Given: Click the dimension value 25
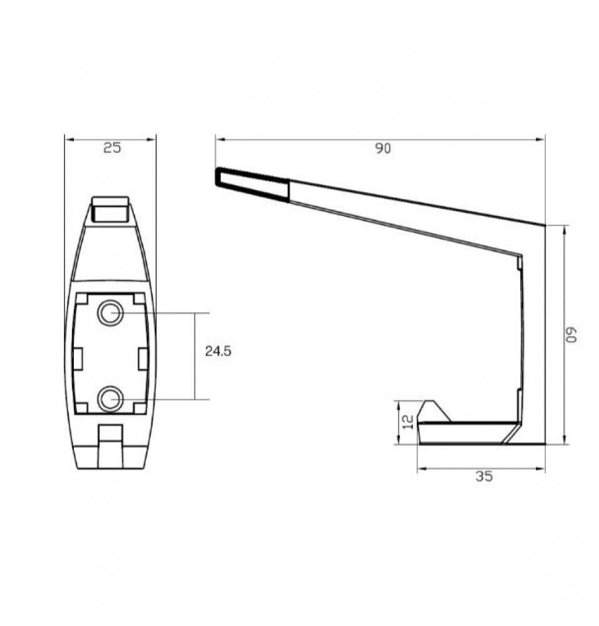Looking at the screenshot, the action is [x=112, y=148].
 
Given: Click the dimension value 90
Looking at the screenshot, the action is [x=382, y=148].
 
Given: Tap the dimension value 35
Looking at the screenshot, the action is [x=484, y=476].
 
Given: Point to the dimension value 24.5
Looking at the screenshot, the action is [x=218, y=351].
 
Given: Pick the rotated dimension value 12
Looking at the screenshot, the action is [x=408, y=422].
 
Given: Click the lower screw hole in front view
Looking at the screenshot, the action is [x=111, y=399].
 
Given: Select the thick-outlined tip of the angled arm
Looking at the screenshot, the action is [x=252, y=184].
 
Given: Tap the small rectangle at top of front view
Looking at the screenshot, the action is [x=111, y=209].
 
